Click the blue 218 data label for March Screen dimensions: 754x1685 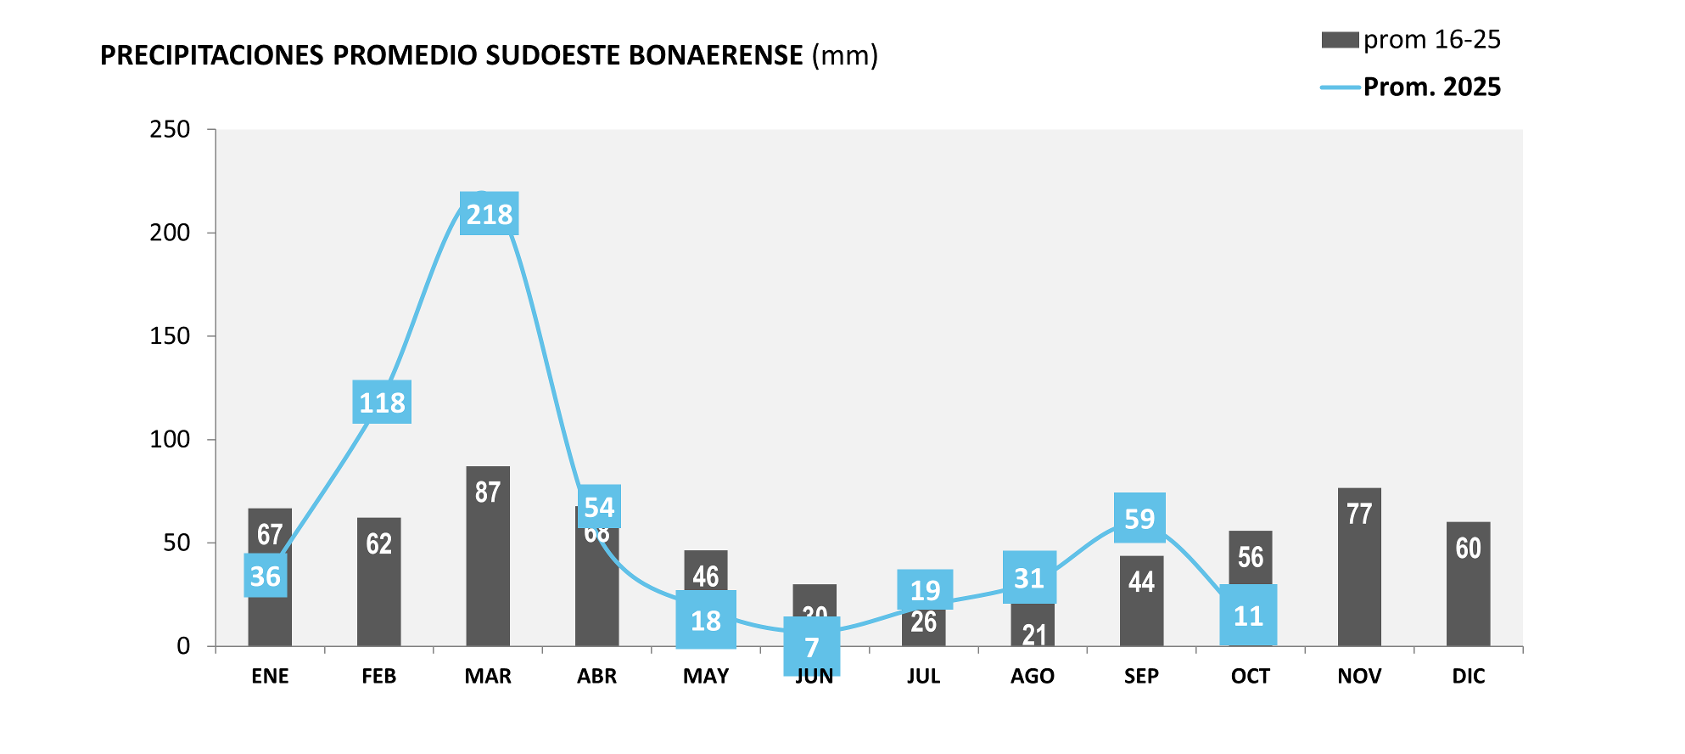[x=490, y=214]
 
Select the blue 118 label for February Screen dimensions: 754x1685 [x=382, y=402]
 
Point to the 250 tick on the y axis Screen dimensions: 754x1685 [x=170, y=130]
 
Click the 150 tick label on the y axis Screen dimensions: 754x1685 [x=170, y=336]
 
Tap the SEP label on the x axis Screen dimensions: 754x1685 [x=1141, y=677]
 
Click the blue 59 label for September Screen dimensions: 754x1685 [x=1139, y=518]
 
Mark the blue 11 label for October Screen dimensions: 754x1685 [x=1248, y=616]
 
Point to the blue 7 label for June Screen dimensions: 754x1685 [x=812, y=647]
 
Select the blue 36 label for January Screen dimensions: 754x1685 [x=266, y=576]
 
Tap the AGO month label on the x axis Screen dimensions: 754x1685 [x=1033, y=677]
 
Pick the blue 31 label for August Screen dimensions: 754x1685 [x=1029, y=578]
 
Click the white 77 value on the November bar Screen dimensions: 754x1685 [x=1359, y=514]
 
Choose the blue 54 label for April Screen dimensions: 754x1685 [x=599, y=507]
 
